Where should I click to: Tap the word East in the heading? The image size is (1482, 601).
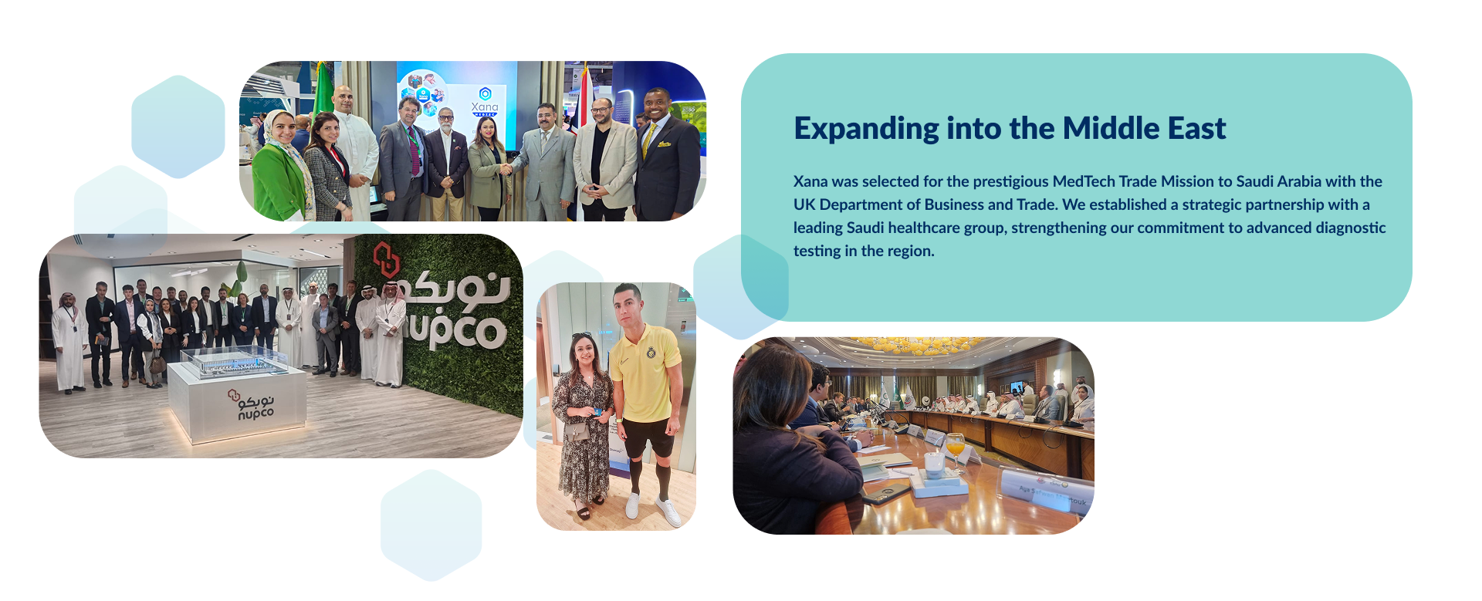[x=1196, y=129]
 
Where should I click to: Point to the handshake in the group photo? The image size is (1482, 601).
[x=507, y=167]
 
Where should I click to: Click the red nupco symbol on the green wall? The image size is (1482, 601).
[x=385, y=259]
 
